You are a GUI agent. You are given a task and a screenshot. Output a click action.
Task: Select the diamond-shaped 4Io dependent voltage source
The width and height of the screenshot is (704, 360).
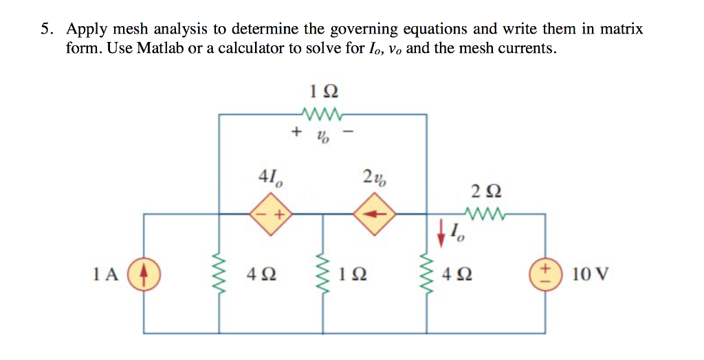270,214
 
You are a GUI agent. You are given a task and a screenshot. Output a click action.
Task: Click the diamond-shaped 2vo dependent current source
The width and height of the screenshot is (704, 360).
375,214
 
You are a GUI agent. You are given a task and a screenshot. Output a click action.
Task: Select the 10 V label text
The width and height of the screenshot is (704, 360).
590,275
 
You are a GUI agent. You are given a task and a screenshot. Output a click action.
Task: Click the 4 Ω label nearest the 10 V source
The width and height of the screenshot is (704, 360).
458,275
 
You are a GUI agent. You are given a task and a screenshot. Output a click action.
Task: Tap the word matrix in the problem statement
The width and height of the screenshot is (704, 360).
621,30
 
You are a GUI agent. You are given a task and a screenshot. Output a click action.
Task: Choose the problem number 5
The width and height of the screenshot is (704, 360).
45,30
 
